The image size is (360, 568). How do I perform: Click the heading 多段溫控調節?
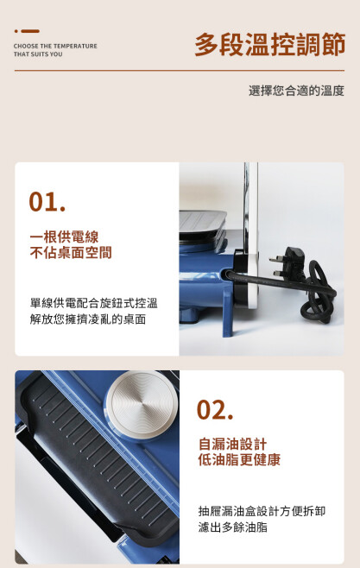click(x=270, y=45)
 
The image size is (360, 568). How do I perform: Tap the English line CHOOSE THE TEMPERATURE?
click(x=55, y=46)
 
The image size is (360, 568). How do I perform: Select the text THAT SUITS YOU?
click(x=38, y=54)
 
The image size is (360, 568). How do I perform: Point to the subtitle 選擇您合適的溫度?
click(x=296, y=91)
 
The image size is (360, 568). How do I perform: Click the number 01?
click(x=47, y=202)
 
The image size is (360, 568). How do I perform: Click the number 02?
click(x=215, y=410)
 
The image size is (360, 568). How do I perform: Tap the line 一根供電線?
click(x=64, y=237)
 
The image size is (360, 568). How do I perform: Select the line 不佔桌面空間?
click(x=71, y=252)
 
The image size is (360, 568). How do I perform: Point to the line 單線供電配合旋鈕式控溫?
click(x=94, y=303)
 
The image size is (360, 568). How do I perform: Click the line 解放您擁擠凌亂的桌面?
click(x=88, y=319)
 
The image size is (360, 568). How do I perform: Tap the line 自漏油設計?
click(x=232, y=444)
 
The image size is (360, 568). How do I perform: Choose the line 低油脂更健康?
click(x=239, y=460)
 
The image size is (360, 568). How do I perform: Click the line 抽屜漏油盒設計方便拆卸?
click(x=262, y=511)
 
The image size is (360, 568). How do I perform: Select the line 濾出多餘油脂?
click(x=233, y=527)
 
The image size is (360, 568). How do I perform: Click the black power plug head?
click(x=288, y=264)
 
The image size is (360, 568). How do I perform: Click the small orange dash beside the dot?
click(x=30, y=31)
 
